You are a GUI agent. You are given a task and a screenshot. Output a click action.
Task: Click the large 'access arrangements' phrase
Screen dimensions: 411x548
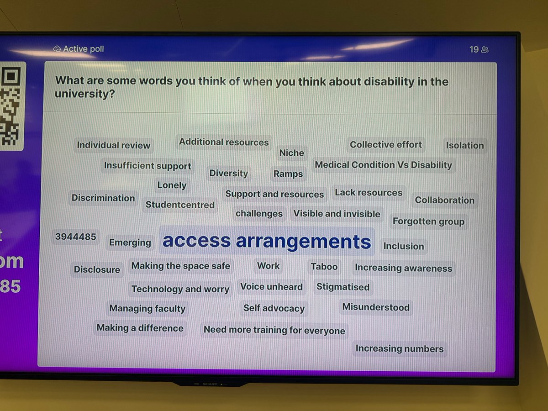tap(267, 241)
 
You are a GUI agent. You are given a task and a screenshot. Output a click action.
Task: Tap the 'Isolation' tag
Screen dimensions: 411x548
tap(464, 146)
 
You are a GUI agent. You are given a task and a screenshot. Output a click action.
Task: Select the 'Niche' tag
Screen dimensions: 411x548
tap(291, 153)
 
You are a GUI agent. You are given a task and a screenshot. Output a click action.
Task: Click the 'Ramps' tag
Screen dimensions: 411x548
tap(288, 174)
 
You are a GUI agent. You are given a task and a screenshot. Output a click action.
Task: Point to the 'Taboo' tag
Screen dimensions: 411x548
tap(324, 267)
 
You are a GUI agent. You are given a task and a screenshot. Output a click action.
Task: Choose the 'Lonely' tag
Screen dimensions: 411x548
tap(172, 185)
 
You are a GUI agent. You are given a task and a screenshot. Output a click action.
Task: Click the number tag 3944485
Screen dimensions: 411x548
tap(75, 237)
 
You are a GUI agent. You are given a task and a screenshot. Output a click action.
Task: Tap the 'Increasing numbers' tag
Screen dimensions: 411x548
tap(399, 349)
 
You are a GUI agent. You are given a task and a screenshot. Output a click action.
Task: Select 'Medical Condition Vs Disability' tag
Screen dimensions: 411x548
tap(383, 165)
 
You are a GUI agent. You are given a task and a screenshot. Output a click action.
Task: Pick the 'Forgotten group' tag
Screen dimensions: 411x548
tap(428, 222)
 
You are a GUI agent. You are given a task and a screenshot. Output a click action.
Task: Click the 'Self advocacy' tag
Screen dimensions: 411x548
tap(274, 308)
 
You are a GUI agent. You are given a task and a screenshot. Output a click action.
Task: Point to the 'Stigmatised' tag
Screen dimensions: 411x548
tap(343, 287)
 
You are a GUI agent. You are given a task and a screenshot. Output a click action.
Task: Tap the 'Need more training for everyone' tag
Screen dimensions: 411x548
tap(274, 330)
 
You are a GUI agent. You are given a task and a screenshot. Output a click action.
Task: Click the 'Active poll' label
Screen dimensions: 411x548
tap(83, 49)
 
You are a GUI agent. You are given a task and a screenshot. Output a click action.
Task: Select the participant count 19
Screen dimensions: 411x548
tap(474, 49)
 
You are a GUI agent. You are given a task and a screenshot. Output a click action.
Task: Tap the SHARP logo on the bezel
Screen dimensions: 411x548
tap(210, 384)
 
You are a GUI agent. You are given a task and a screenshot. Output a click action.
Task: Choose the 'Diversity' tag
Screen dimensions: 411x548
tap(228, 174)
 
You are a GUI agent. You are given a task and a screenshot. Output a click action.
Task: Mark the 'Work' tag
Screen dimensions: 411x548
tap(268, 266)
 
